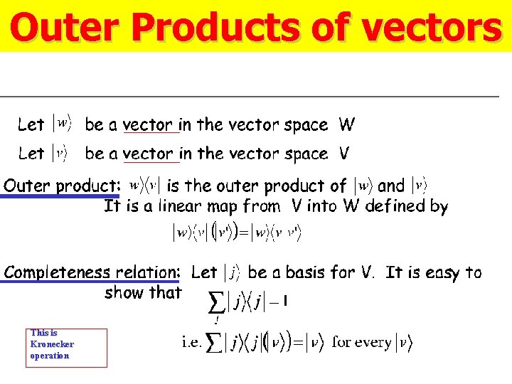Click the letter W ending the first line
coord(346,125)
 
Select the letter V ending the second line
coord(344,154)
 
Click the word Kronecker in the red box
coord(52,344)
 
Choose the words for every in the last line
coord(362,342)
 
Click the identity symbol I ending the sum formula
coord(285,302)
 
